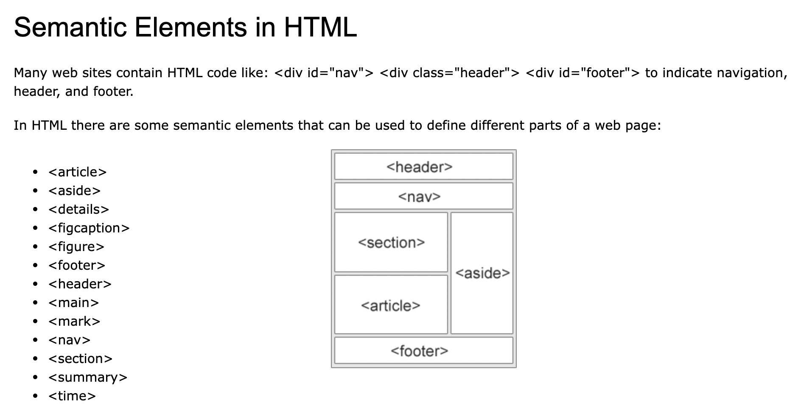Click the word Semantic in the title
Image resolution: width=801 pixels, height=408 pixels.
71,27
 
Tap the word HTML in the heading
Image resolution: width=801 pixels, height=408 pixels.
320,27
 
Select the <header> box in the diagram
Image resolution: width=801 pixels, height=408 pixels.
423,167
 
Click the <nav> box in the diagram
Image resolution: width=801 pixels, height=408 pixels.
423,196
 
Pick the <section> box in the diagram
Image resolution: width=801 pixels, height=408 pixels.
391,242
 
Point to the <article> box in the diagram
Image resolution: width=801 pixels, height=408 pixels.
391,305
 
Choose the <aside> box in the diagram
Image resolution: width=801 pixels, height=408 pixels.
482,273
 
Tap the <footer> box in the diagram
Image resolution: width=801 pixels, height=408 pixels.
423,351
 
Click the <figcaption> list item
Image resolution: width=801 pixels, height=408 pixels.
89,228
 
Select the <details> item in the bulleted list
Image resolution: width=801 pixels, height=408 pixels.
78,210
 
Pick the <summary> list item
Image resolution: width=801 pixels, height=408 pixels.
88,377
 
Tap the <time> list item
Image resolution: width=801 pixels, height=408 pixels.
72,396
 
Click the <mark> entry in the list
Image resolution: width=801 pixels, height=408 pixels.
74,321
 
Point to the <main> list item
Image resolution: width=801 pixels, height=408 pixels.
73,303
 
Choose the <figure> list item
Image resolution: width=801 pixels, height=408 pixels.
76,247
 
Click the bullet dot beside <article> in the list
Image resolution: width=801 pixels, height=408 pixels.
35,172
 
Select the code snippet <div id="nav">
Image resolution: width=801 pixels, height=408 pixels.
324,73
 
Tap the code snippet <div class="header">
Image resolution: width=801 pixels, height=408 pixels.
449,73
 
